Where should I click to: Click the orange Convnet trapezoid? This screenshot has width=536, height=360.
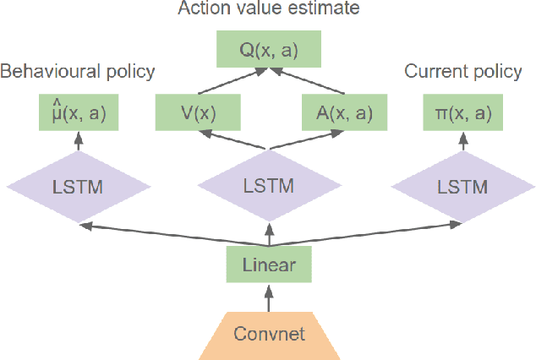pyautogui.click(x=269, y=334)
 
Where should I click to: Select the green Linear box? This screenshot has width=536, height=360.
pyautogui.click(x=269, y=265)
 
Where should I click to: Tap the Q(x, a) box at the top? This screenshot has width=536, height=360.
pyautogui.click(x=269, y=52)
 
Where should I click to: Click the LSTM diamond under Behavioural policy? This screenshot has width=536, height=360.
pyautogui.click(x=79, y=186)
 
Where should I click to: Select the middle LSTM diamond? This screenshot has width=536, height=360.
pyautogui.click(x=269, y=186)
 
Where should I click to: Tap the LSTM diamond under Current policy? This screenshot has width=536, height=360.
pyautogui.click(x=462, y=186)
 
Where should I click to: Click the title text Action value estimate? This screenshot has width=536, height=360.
pyautogui.click(x=269, y=10)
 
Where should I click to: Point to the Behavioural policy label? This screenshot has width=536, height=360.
pyautogui.click(x=78, y=72)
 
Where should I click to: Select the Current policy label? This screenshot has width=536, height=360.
pyautogui.click(x=462, y=72)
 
